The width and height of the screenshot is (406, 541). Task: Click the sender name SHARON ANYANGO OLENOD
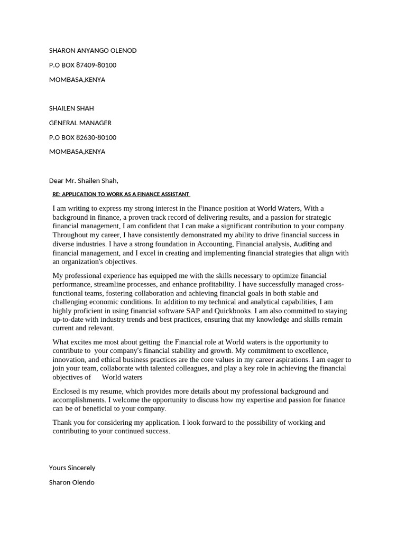click(93, 51)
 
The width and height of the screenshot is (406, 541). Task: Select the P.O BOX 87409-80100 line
click(82, 65)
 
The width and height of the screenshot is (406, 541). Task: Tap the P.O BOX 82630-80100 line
click(82, 137)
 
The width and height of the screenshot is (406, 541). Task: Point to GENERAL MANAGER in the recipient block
click(80, 123)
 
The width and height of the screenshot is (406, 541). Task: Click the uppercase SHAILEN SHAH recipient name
click(71, 108)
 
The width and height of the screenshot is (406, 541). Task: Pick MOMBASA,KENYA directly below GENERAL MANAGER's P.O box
click(77, 152)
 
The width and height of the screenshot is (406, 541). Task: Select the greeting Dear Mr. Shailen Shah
click(84, 181)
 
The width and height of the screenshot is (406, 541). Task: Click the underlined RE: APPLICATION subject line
click(121, 194)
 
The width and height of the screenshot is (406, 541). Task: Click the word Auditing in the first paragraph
click(306, 244)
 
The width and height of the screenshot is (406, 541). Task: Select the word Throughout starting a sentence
click(71, 235)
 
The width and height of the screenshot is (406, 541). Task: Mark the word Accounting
click(215, 244)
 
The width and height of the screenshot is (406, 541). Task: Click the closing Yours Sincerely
click(72, 468)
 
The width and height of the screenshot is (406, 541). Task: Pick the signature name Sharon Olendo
click(71, 482)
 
